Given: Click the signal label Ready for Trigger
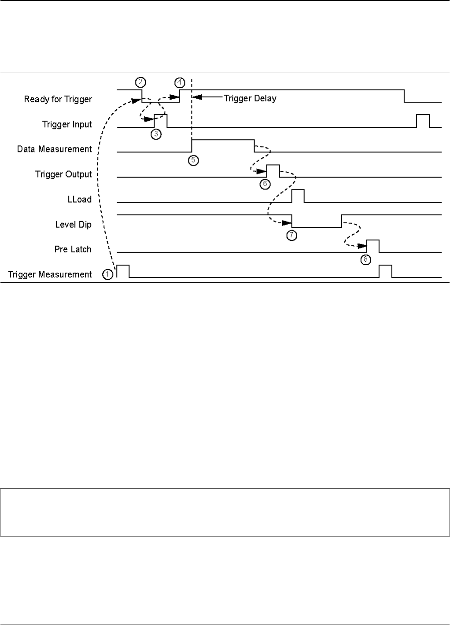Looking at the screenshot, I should tap(58, 99).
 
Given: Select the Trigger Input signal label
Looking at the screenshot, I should tap(67, 124).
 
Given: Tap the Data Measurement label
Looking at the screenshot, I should tap(54, 149).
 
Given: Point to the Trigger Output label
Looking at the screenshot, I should tap(63, 174).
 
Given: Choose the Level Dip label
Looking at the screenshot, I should tap(73, 224).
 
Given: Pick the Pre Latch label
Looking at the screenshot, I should tap(73, 249).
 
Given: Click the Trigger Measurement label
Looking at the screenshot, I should tap(50, 274).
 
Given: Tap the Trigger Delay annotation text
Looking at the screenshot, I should tap(250, 98).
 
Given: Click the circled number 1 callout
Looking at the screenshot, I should tap(107, 274).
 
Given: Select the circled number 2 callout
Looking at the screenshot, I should tap(140, 82).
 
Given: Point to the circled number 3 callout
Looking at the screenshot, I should tap(155, 133).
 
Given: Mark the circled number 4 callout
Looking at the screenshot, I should tap(179, 82).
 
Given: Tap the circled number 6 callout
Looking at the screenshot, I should tap(264, 184).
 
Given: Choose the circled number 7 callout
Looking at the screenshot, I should tap(291, 235).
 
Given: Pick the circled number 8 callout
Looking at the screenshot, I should tap(365, 259).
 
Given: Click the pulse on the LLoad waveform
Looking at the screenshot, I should tap(298, 196).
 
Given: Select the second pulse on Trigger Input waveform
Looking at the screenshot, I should tap(423, 121).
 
